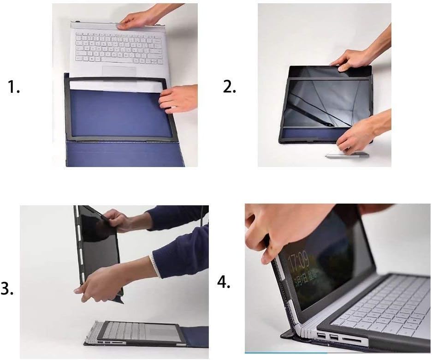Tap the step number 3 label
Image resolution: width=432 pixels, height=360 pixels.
pyautogui.click(x=6, y=289)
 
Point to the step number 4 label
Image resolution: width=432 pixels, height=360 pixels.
pyautogui.click(x=224, y=282)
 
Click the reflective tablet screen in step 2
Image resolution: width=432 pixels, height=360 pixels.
pyautogui.click(x=318, y=102)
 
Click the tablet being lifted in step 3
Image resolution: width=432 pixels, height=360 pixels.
pyautogui.click(x=99, y=249)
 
